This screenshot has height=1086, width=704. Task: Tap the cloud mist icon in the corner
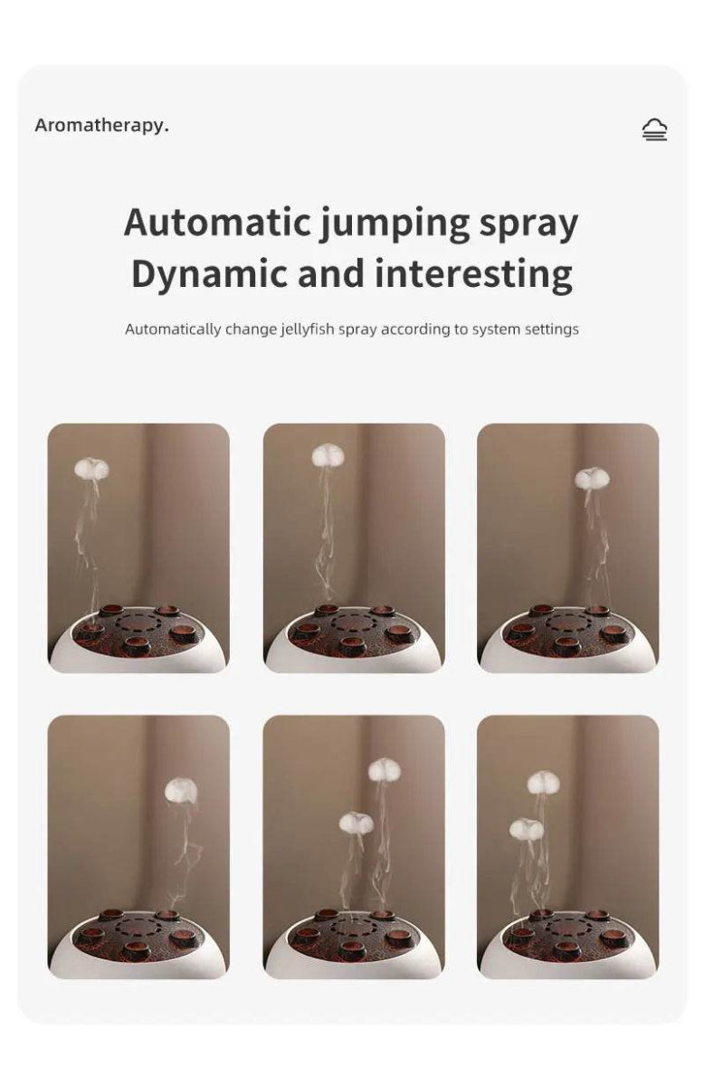(x=654, y=130)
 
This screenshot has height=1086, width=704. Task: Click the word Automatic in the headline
(x=216, y=223)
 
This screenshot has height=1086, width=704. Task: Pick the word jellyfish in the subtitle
(x=308, y=329)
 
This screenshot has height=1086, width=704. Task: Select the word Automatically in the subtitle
(x=173, y=329)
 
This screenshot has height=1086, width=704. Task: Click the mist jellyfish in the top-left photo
(x=91, y=468)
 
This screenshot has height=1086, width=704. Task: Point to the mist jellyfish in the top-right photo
(x=592, y=477)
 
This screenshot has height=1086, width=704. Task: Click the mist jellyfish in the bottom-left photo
(x=181, y=791)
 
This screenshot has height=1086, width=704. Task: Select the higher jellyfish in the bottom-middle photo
(x=384, y=770)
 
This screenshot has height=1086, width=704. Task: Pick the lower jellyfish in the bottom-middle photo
(x=356, y=823)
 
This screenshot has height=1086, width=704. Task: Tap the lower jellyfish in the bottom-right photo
(x=526, y=828)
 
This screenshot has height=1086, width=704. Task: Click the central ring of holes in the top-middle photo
(x=354, y=623)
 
